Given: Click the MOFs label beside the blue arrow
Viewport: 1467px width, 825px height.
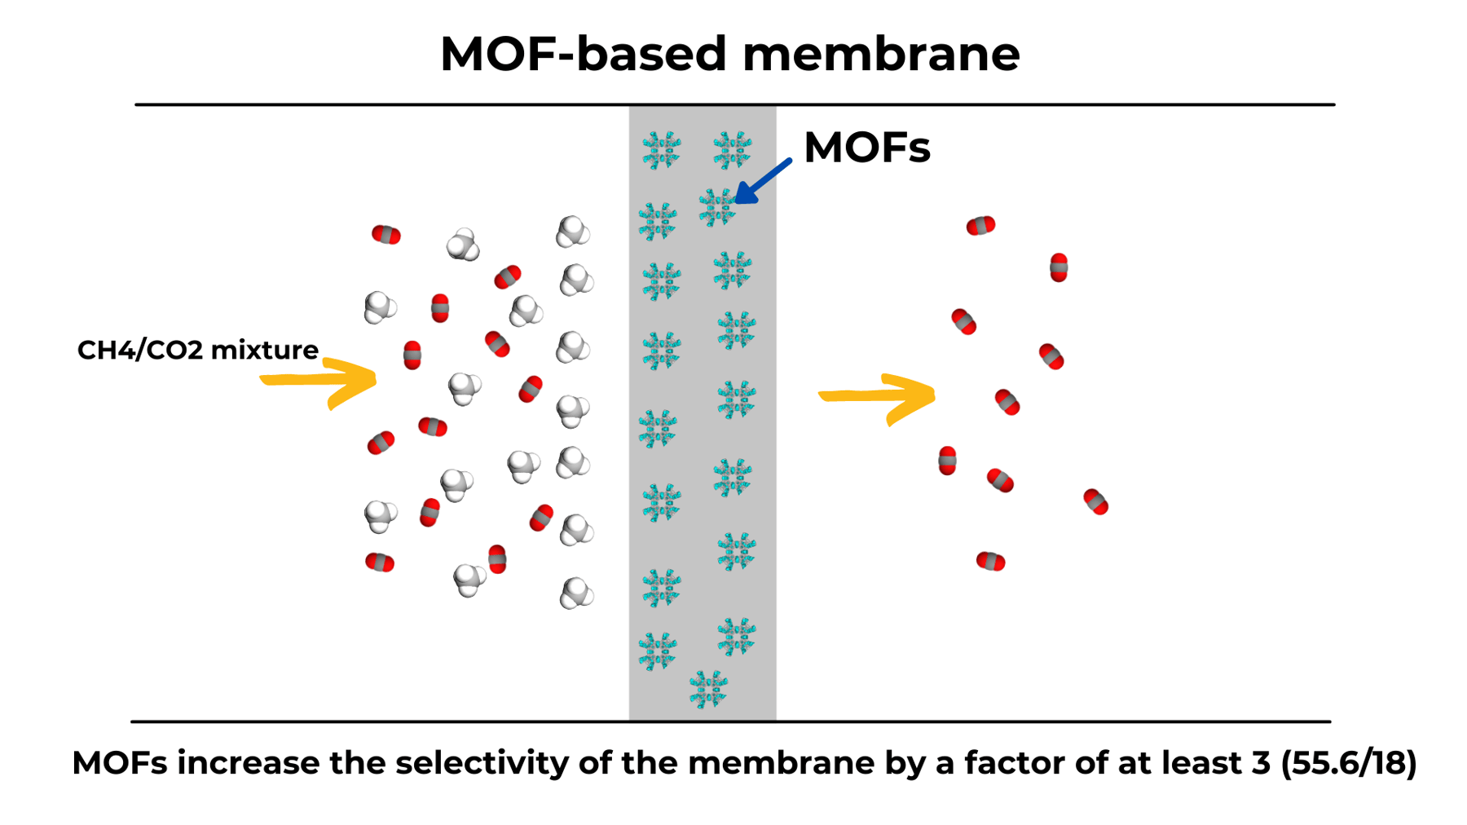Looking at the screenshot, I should point(866,148).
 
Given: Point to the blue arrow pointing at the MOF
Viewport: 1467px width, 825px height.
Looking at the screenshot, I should point(762,182).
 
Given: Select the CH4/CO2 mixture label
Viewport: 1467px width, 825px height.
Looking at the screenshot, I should point(197,350).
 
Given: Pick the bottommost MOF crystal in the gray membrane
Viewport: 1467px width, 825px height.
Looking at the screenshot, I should point(707,690).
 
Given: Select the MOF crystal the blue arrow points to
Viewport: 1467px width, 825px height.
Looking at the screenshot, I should point(717,207).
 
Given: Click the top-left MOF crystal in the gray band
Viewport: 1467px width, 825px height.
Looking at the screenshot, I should point(661,150).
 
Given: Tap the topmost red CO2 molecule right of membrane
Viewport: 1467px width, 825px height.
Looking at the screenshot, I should point(980,226).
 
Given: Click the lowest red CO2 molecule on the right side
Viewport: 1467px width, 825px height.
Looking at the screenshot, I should point(990,561).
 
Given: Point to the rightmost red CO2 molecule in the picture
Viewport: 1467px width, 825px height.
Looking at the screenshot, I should point(1095,502).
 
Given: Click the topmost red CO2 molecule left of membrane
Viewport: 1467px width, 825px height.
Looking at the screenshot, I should point(385,236).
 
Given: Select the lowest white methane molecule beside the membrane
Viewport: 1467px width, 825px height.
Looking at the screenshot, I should point(576,593).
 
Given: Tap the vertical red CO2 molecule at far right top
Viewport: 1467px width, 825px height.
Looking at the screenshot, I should point(1058,267).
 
